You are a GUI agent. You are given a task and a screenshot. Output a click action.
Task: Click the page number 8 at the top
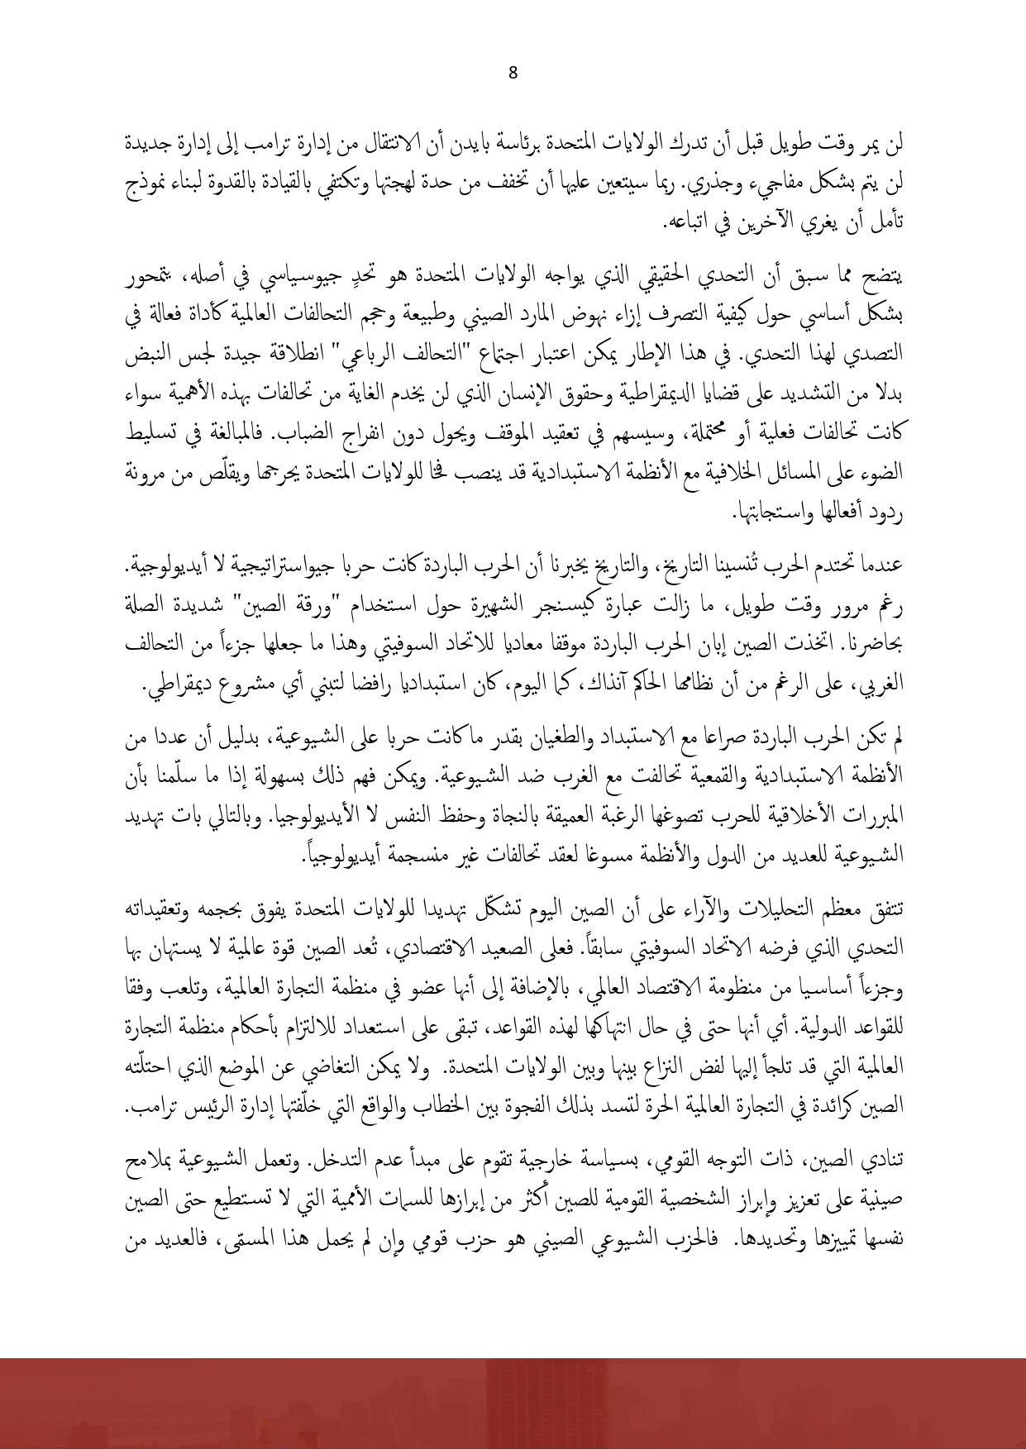(513, 73)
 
